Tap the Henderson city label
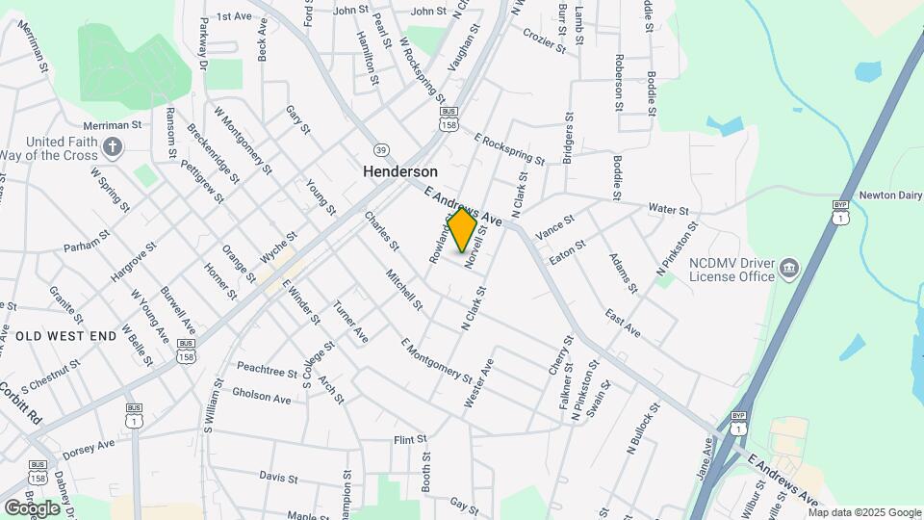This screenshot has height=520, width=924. tap(400, 170)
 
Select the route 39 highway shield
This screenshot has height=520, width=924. tap(381, 149)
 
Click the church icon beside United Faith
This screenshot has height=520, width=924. tap(114, 147)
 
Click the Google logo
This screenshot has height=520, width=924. tap(32, 507)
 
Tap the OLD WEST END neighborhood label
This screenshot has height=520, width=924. tap(66, 335)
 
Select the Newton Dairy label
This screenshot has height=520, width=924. tap(886, 192)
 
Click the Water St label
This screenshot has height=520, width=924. tap(668, 209)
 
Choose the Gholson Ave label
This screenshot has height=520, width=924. tap(261, 397)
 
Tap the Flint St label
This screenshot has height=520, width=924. tap(409, 439)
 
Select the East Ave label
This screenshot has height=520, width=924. tap(623, 323)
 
